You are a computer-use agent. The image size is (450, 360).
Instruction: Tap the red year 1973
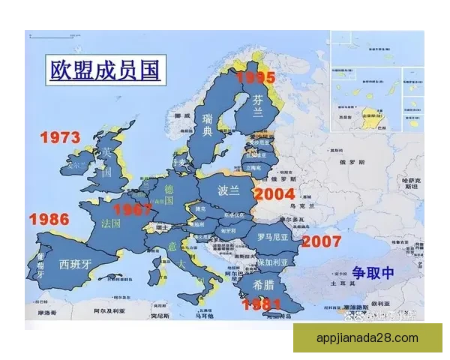point(60,138)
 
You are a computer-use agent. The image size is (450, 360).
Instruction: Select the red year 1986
point(49,220)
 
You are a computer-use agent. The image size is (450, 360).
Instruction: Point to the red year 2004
point(274,193)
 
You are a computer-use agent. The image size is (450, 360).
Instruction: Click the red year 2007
point(321,241)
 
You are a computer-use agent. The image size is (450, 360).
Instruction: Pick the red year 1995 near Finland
point(256,76)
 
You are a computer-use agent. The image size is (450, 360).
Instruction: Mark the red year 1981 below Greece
point(261,304)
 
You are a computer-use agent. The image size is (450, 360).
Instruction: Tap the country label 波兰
point(229,190)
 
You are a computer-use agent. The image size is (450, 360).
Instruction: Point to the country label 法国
point(111,223)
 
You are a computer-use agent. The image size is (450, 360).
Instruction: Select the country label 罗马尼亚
point(272,238)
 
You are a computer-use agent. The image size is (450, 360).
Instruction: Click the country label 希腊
point(263,284)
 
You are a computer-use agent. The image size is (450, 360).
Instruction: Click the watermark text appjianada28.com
point(367,337)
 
